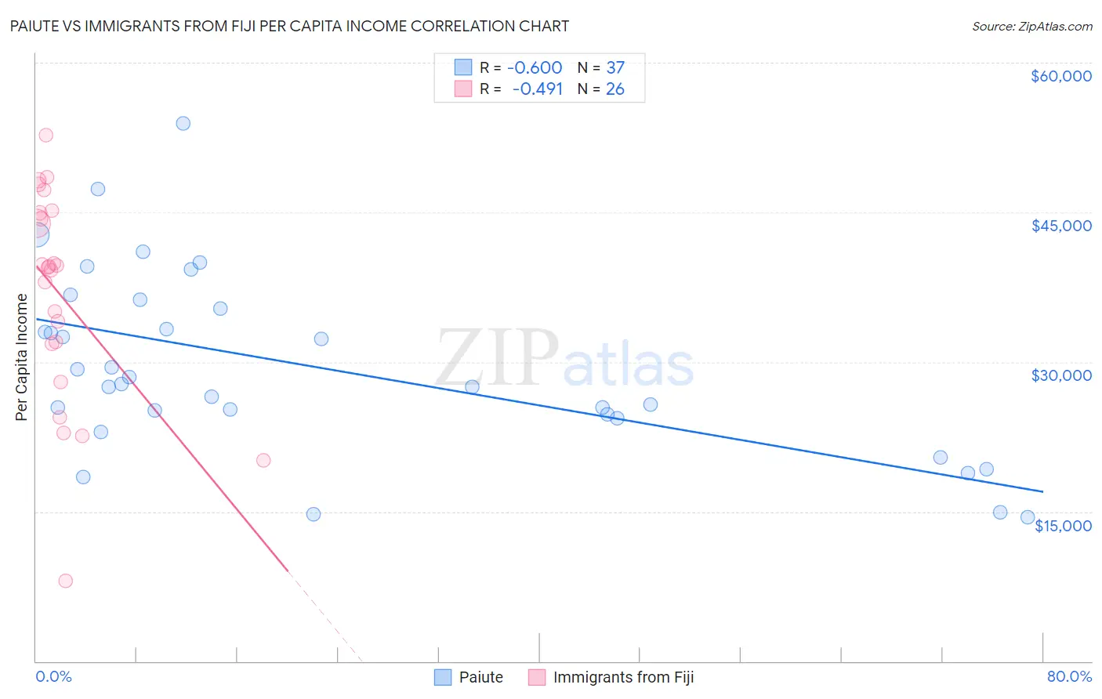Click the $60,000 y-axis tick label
[1060, 76]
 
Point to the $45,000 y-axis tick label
[1060, 226]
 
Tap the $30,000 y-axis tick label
[1060, 375]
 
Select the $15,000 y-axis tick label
[1063, 526]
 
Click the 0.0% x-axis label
[53, 676]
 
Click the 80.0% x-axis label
[1069, 676]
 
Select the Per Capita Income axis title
[22, 357]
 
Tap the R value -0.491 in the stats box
[538, 89]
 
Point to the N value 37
[615, 68]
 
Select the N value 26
[615, 89]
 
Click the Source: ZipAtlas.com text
[1031, 27]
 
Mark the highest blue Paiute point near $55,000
[183, 123]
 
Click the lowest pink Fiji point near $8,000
[66, 581]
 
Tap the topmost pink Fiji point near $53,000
[46, 135]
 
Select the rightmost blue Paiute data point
[1028, 517]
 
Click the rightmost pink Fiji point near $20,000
[263, 460]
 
